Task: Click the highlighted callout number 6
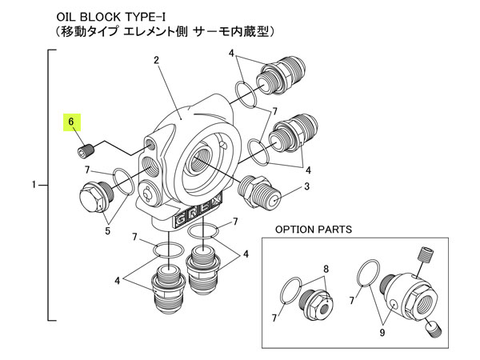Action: [71, 122]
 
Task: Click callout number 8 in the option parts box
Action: [326, 270]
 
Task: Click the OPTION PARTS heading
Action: [313, 229]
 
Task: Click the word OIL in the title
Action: [67, 15]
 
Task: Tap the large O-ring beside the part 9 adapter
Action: [369, 273]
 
